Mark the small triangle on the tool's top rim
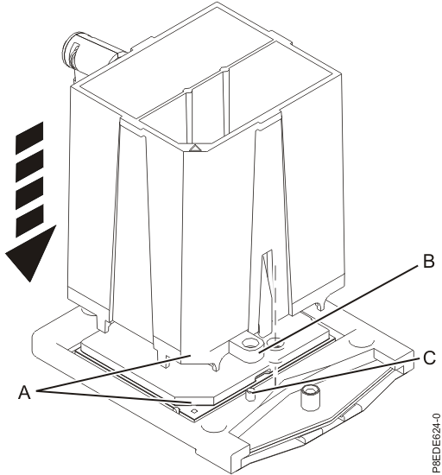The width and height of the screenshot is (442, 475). (x=195, y=148)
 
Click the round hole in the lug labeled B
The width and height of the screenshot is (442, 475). (x=253, y=344)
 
